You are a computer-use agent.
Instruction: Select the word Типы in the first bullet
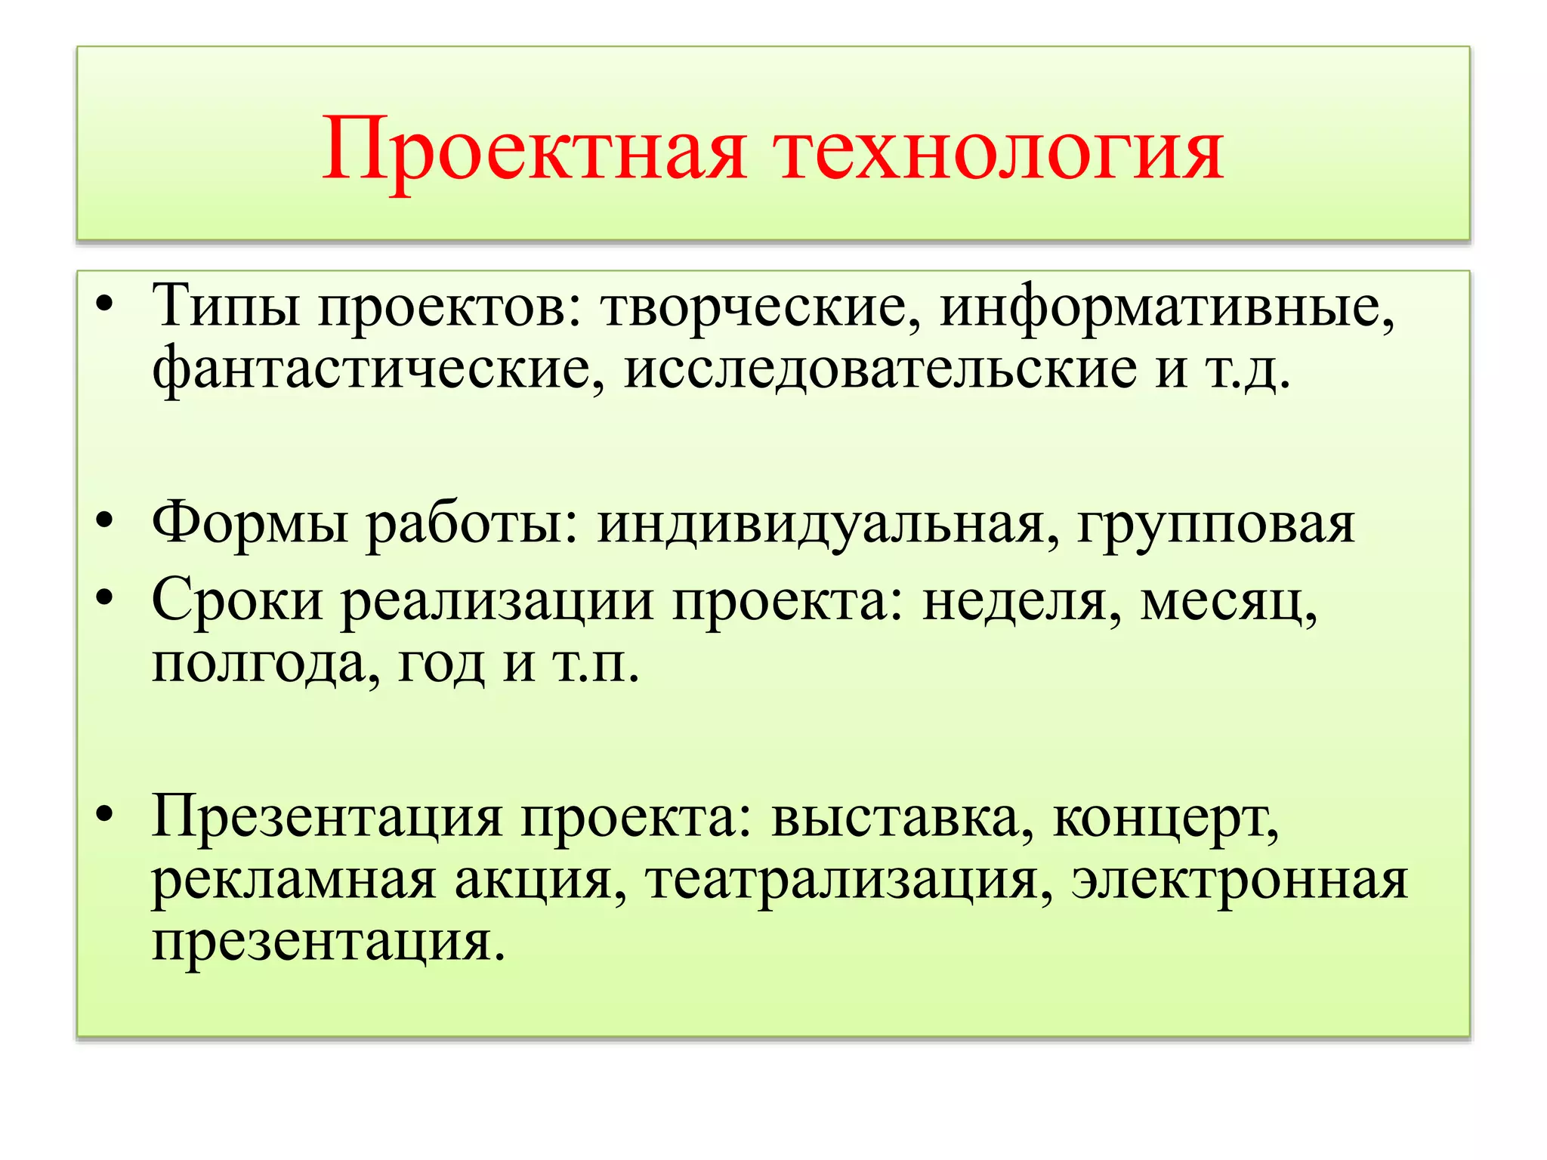pos(226,307)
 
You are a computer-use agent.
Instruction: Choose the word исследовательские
pos(880,369)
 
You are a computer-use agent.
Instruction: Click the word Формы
pos(250,523)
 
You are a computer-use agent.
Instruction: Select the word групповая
pos(1216,523)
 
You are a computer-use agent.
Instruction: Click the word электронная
pos(1240,880)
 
